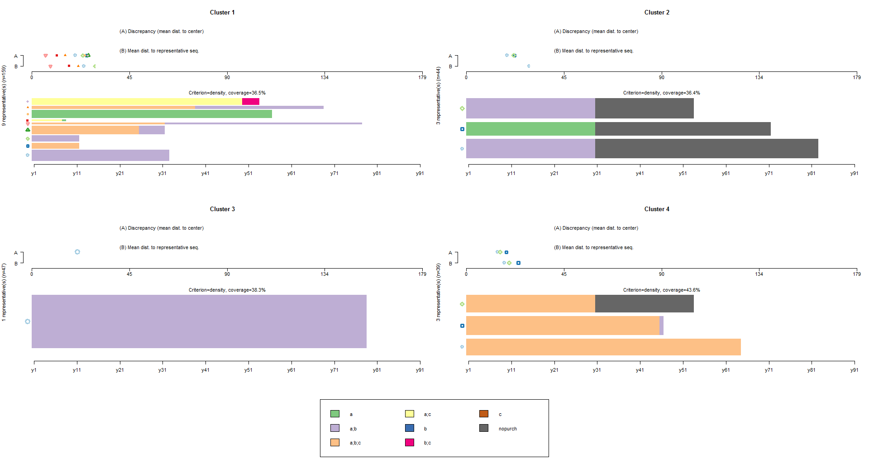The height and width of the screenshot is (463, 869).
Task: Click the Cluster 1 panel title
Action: pyautogui.click(x=222, y=13)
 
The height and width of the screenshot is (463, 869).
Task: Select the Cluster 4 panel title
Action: pyautogui.click(x=657, y=209)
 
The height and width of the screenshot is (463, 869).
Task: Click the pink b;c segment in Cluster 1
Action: pyautogui.click(x=251, y=102)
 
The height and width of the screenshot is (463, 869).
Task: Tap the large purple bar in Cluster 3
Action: pyautogui.click(x=199, y=321)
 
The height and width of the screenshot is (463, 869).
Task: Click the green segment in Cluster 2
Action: pyautogui.click(x=530, y=129)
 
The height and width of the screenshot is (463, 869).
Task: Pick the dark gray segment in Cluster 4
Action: pyautogui.click(x=644, y=304)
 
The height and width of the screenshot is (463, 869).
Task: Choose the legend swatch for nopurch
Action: pyautogui.click(x=484, y=428)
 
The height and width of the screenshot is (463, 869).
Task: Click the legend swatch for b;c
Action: pyautogui.click(x=410, y=442)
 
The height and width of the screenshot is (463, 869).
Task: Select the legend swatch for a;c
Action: pyautogui.click(x=410, y=414)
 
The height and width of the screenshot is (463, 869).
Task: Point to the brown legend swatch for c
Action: pyautogui.click(x=484, y=414)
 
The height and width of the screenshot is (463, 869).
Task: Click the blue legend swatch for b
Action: pyautogui.click(x=410, y=428)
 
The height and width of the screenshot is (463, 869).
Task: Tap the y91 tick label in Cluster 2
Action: pyautogui.click(x=854, y=174)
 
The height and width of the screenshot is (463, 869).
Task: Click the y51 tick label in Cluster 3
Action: pyautogui.click(x=248, y=370)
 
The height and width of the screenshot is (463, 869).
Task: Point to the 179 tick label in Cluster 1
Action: pyautogui.click(x=422, y=78)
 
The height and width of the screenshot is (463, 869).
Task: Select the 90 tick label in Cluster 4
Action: pyautogui.click(x=661, y=274)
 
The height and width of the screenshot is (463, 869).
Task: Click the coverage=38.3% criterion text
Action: pyautogui.click(x=227, y=290)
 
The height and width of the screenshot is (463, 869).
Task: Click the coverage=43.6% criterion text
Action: pyautogui.click(x=661, y=290)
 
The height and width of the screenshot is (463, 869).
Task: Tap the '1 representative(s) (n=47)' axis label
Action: pyautogui.click(x=4, y=293)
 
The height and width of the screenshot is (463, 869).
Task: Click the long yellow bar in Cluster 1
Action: pyautogui.click(x=137, y=102)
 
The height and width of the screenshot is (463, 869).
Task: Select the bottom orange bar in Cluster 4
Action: pyautogui.click(x=603, y=347)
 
